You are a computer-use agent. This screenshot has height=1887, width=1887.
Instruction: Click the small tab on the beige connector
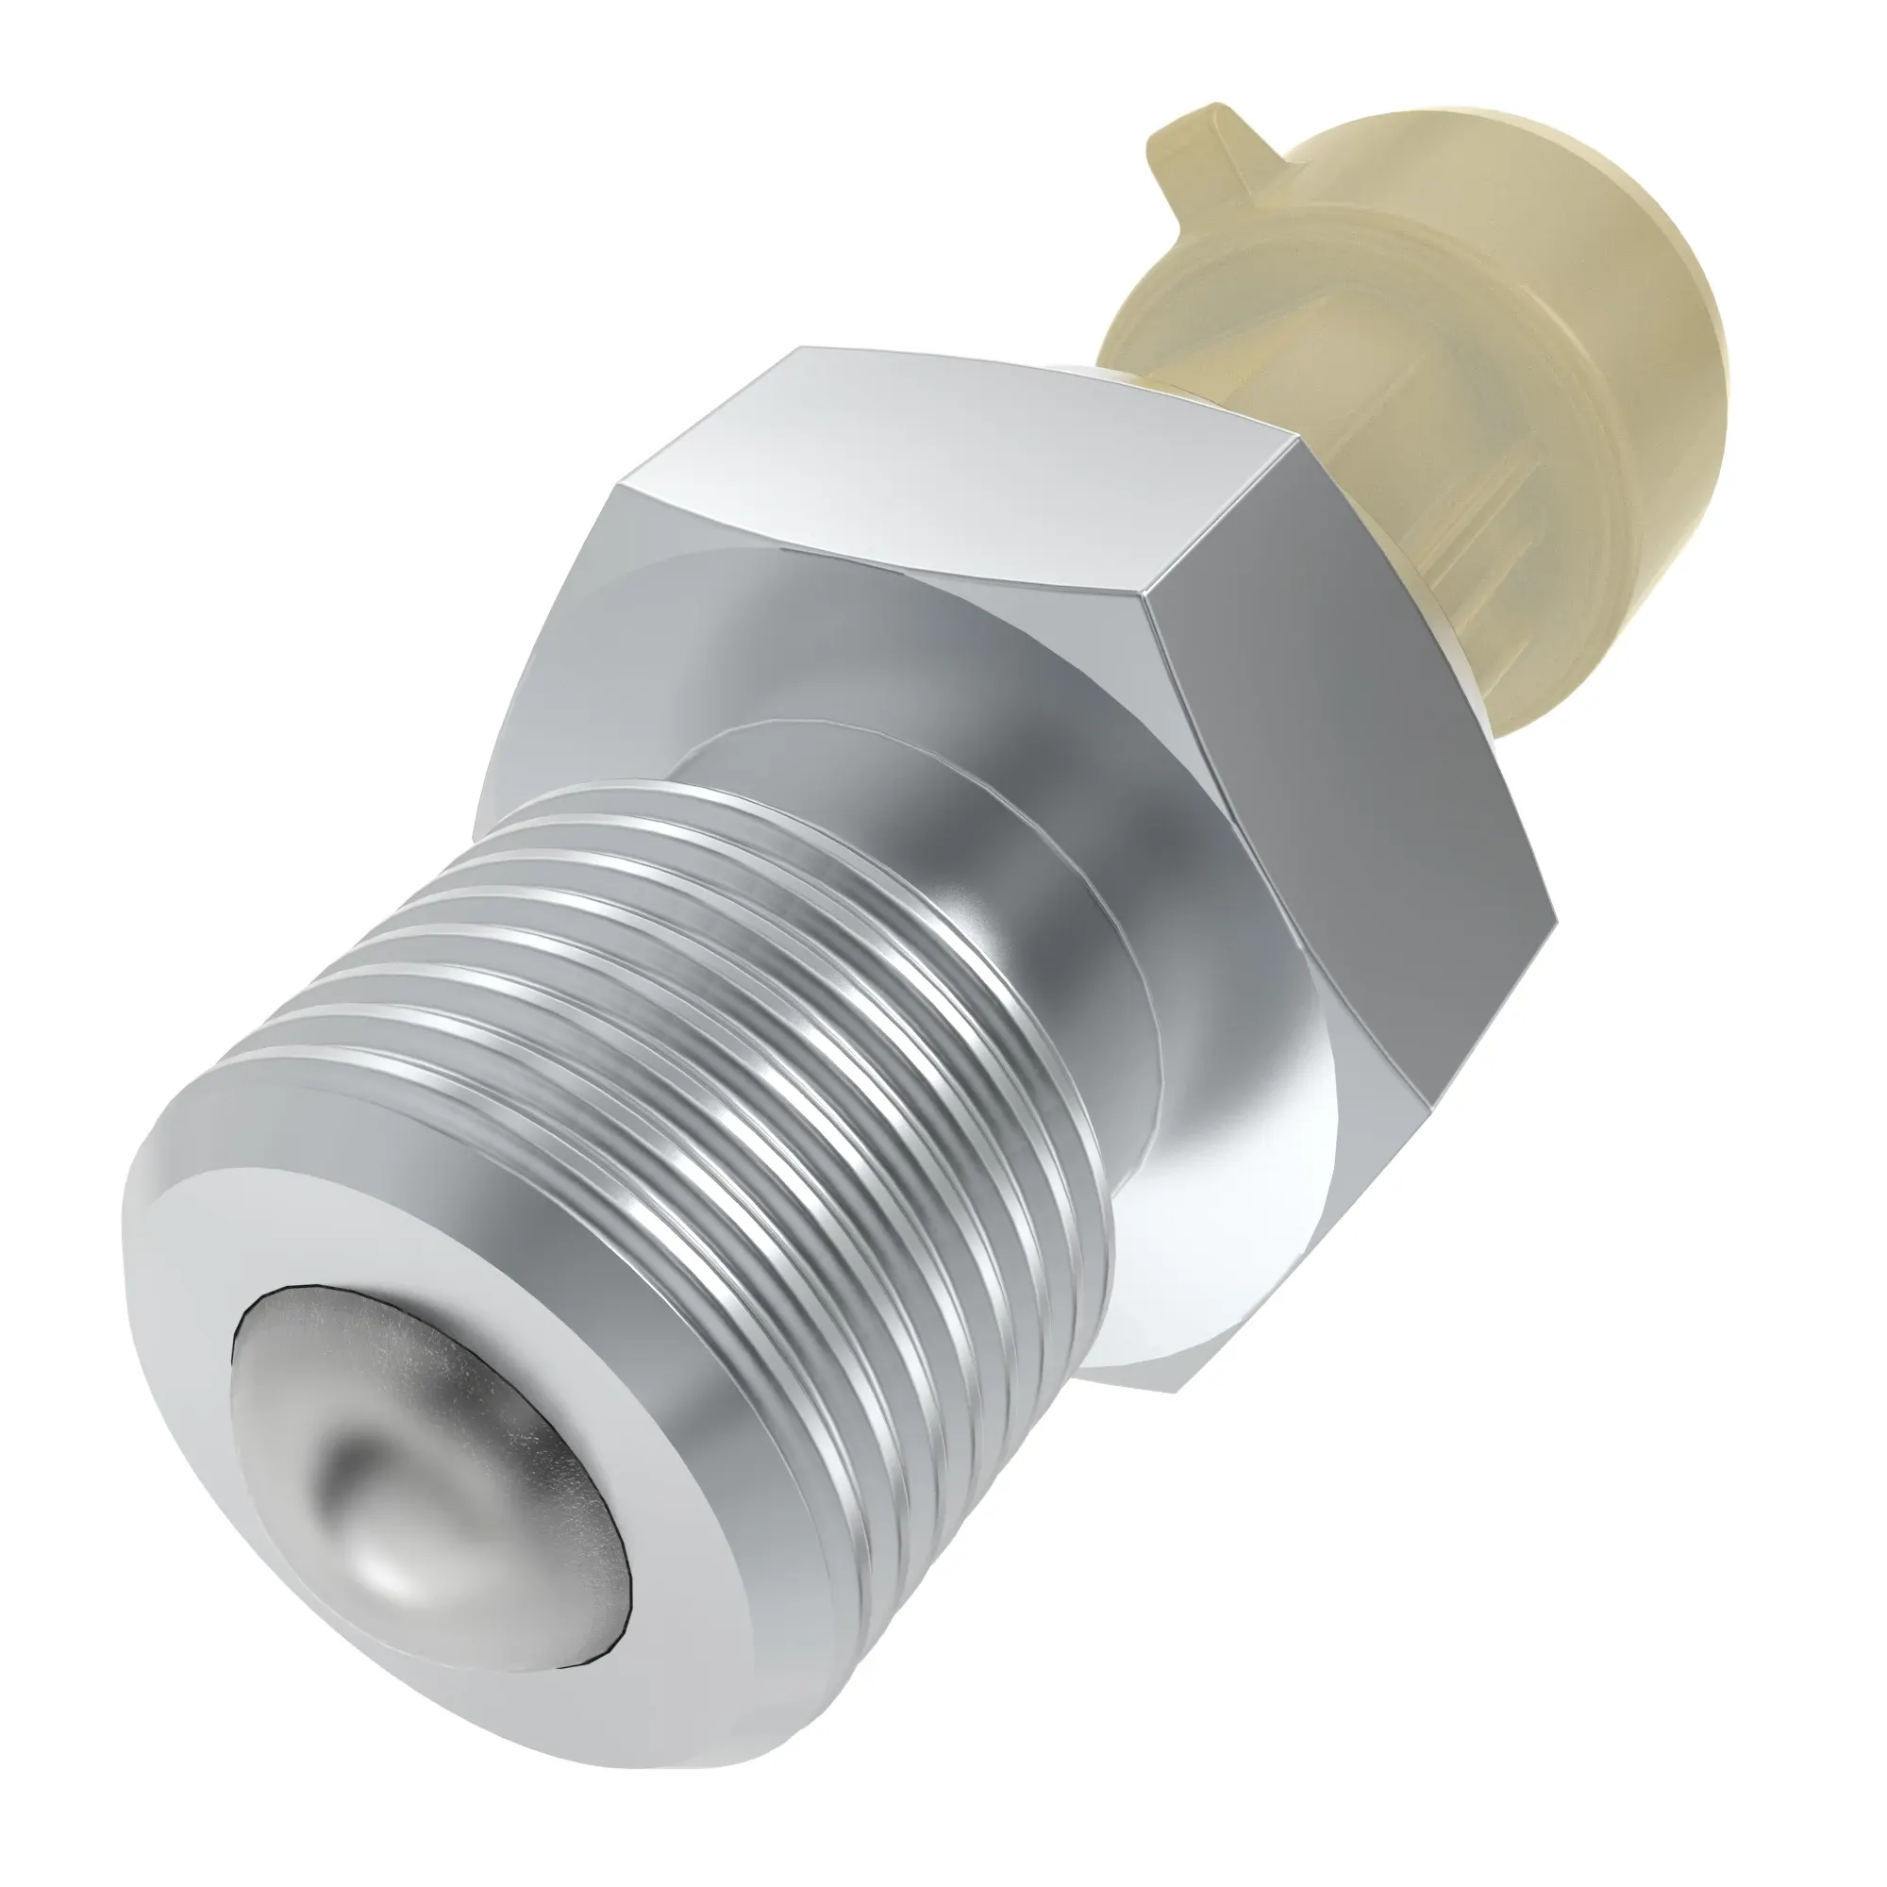pos(1187,146)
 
